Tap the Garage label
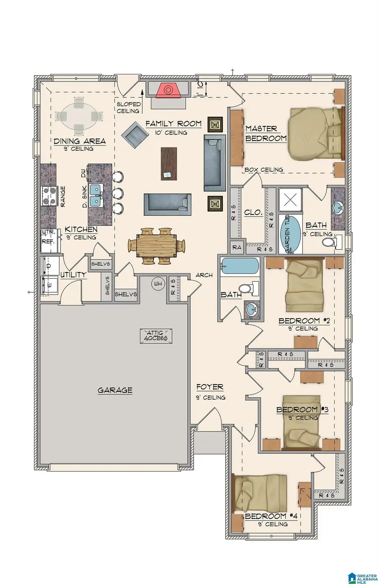coord(115,390)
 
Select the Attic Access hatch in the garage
coord(156,335)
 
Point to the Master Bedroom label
coord(266,133)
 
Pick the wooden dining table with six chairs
coord(156,245)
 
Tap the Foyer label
coord(210,387)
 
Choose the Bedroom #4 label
coord(271,516)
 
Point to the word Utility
coord(73,275)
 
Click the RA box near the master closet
coord(237,247)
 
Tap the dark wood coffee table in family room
coord(170,164)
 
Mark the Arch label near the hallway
coord(204,275)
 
